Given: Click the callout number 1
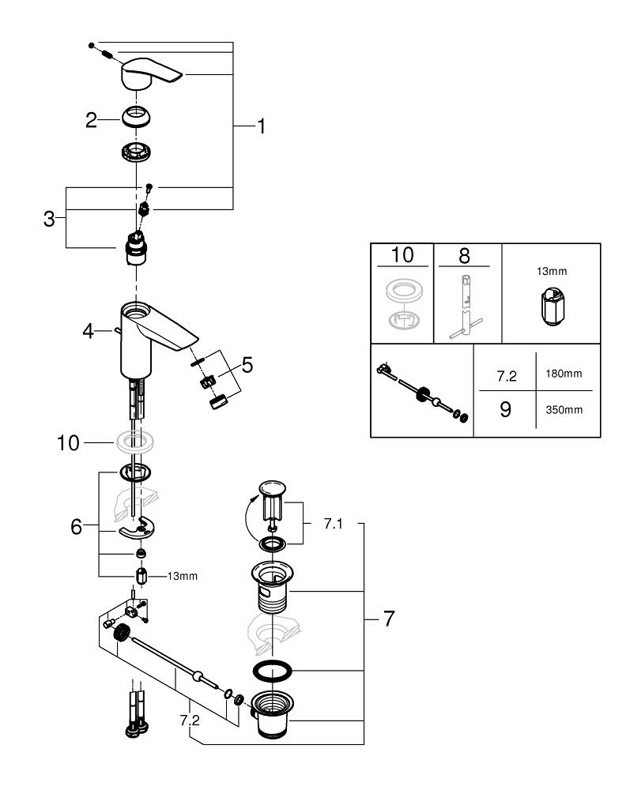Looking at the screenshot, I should [260, 126].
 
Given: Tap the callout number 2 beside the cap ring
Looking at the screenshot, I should [92, 120].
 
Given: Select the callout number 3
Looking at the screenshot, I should [49, 219].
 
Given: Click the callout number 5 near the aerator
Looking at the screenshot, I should [247, 365].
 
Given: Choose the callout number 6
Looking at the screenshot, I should [76, 526].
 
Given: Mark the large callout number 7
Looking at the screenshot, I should [388, 619].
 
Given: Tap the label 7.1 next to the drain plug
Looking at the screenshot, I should [334, 524].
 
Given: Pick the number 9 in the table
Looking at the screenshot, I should [505, 411].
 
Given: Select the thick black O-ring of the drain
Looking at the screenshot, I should [273, 672].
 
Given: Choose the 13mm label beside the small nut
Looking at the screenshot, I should [182, 576].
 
